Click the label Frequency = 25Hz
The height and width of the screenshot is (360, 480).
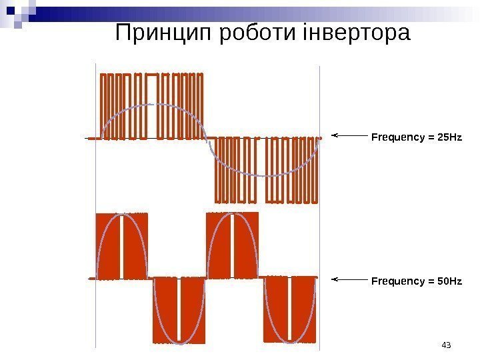click(416, 137)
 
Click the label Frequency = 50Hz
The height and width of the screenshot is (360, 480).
click(416, 282)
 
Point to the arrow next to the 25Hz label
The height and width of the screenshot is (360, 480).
click(348, 135)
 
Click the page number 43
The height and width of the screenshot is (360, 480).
click(447, 345)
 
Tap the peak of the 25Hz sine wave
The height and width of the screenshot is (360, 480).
click(153, 104)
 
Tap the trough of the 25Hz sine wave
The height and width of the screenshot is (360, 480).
click(265, 176)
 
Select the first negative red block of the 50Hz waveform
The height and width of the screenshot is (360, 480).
click(178, 310)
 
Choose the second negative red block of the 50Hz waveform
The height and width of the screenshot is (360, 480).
click(289, 310)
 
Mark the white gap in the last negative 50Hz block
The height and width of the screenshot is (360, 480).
click(289, 307)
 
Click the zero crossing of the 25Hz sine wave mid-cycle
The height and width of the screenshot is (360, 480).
click(209, 139)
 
